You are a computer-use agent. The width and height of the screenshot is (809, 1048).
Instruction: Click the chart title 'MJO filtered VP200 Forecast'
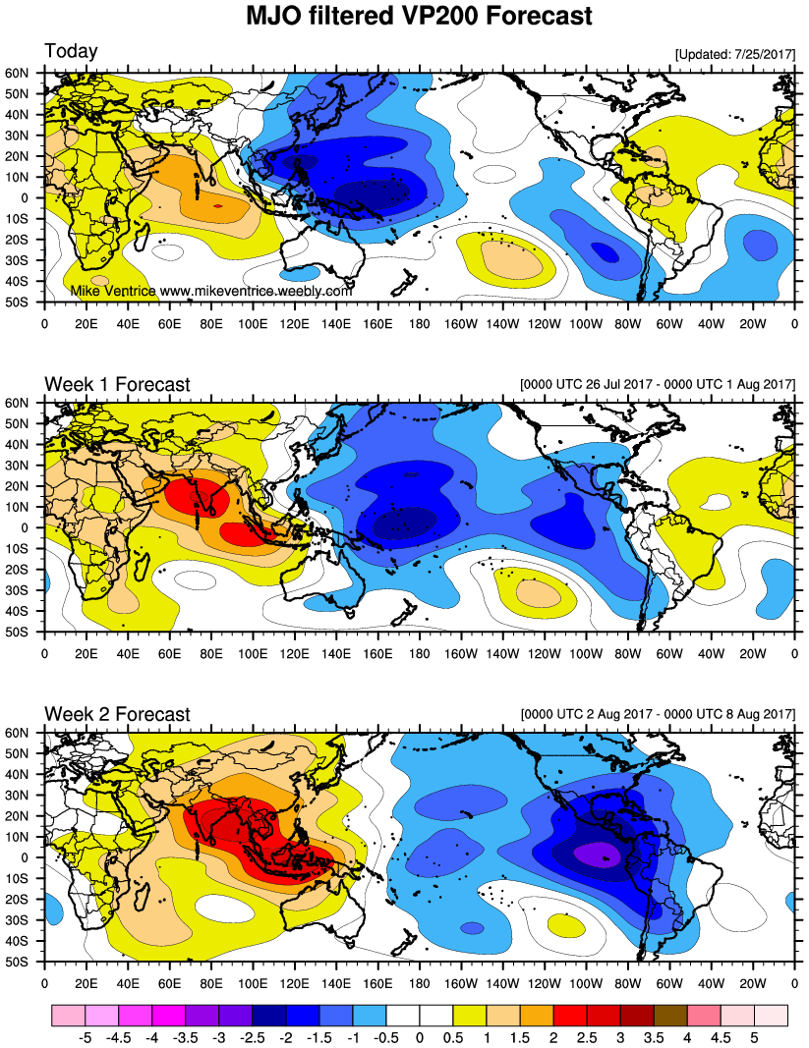tap(419, 17)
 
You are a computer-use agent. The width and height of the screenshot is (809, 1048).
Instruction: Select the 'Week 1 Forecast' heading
tap(117, 384)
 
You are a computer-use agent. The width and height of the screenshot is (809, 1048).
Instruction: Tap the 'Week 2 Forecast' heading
tap(117, 714)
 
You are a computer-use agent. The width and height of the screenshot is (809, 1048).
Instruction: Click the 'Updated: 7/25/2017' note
tap(734, 54)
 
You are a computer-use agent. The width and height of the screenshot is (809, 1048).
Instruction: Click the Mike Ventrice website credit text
tap(211, 292)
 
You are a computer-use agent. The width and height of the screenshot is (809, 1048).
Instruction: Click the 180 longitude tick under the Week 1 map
tap(420, 651)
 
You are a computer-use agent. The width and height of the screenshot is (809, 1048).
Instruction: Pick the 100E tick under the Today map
tap(253, 321)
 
